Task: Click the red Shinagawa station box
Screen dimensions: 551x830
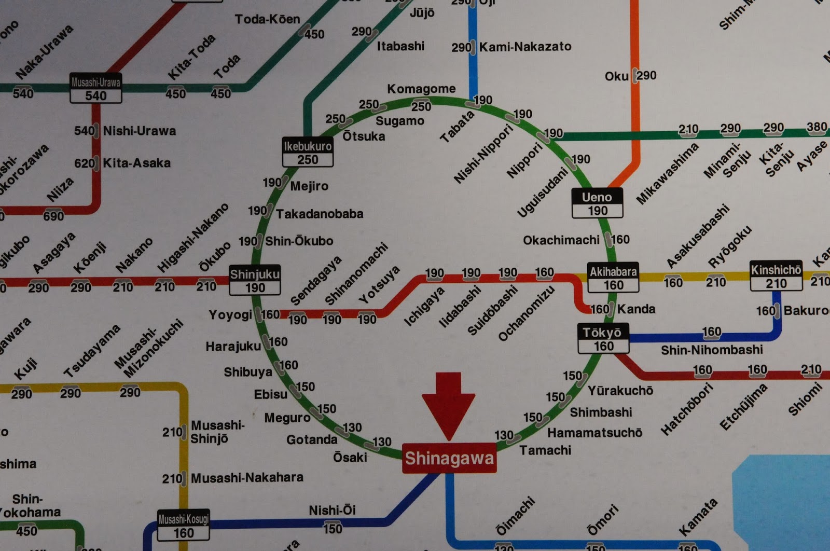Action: [x=449, y=458]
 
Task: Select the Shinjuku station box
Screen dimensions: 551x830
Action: [x=255, y=280]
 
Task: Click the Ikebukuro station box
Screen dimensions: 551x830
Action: [x=308, y=152]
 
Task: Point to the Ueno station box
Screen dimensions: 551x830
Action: [x=597, y=203]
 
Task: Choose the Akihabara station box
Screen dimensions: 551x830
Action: [x=613, y=278]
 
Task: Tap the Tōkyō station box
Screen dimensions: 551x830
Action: [x=603, y=339]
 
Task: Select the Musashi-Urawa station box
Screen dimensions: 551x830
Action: [x=96, y=88]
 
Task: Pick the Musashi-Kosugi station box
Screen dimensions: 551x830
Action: [x=184, y=526]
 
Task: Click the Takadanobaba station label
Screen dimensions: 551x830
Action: [x=320, y=214]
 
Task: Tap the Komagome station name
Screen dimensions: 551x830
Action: [x=421, y=89]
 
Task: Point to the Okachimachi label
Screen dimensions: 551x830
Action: [x=561, y=240]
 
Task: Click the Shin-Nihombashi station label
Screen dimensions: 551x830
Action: [x=712, y=350]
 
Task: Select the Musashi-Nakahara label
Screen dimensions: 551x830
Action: [x=247, y=477]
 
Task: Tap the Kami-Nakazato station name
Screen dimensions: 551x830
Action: [x=525, y=47]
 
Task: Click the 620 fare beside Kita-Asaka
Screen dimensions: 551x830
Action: [x=85, y=163]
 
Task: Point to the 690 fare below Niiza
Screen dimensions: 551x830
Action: [x=53, y=216]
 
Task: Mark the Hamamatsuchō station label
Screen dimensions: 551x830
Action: [x=594, y=432]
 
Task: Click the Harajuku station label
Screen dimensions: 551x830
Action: [x=233, y=346]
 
